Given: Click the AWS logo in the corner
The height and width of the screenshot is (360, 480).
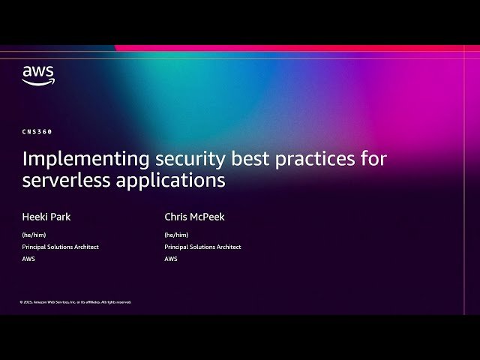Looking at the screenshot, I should coord(37,76).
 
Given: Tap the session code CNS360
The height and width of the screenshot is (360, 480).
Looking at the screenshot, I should coord(37,131).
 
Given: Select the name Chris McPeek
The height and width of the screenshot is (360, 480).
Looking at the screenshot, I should coord(194,217).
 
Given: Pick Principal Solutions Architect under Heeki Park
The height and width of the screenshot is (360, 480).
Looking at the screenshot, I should coord(60,247).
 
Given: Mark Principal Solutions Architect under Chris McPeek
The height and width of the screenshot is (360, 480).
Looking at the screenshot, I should coord(202,247).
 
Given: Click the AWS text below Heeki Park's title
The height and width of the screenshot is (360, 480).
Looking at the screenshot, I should coord(28,259).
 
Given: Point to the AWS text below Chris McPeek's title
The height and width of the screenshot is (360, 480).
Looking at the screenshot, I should coord(170,259).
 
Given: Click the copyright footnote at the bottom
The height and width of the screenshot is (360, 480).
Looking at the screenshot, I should coord(75,302).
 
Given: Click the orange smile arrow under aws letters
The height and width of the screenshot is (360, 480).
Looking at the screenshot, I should coord(38,82).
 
